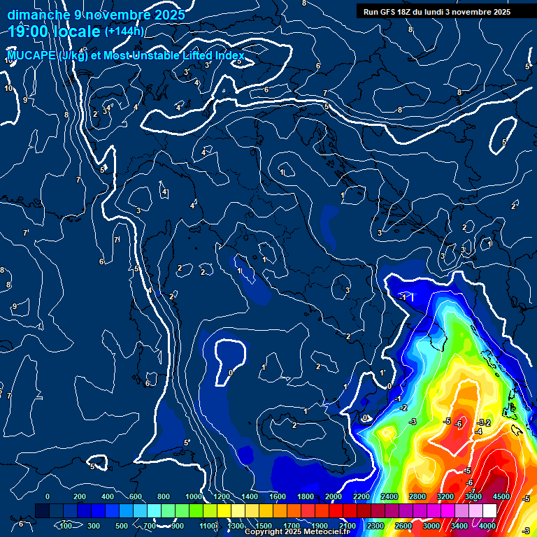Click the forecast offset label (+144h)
point(124,31)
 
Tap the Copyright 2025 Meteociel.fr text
point(297,532)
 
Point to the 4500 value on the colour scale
point(501,496)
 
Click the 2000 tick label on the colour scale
point(334,496)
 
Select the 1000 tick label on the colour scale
point(194,496)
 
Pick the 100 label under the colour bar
point(66,526)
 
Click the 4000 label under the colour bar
point(487,526)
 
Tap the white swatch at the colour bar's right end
point(489,511)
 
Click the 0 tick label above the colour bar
point(48,496)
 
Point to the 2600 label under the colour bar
point(403,526)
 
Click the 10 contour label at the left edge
point(8,89)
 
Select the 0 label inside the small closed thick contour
point(231,373)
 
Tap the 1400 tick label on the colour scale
point(250,496)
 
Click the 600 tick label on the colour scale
point(136,496)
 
